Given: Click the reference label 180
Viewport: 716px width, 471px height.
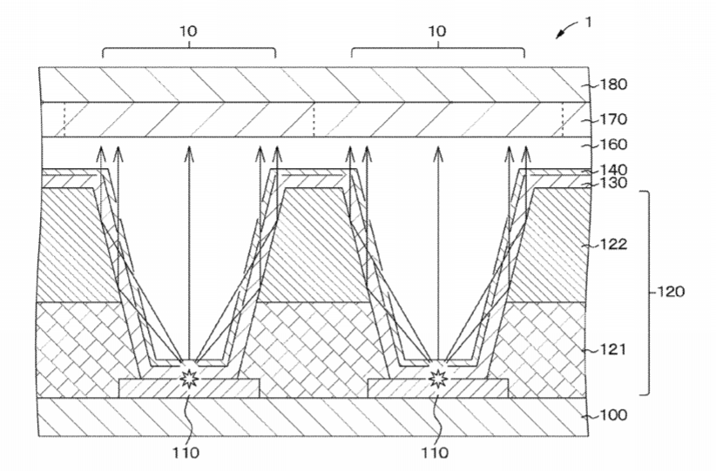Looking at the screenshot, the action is click(613, 85).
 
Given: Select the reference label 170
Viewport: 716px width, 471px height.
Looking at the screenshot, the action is click(613, 119).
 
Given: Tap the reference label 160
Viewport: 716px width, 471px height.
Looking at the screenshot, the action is click(613, 145).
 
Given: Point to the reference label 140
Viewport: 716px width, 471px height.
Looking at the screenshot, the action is click(613, 171).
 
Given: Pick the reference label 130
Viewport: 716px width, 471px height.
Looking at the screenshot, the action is click(613, 183).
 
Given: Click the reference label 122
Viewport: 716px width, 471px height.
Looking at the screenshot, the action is click(613, 245).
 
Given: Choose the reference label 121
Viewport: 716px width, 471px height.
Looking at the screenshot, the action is click(613, 350).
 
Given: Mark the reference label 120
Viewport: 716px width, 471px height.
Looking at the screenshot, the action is click(671, 292).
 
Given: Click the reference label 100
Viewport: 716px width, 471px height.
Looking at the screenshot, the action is click(613, 415).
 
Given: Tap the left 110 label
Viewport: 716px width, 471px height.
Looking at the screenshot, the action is click(186, 453).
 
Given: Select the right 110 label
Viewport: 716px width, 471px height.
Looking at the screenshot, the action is click(435, 453).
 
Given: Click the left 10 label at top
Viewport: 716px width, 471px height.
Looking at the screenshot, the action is click(188, 31).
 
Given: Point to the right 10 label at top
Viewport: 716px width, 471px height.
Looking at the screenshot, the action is click(437, 31).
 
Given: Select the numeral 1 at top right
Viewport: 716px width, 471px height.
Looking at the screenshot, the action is click(589, 22).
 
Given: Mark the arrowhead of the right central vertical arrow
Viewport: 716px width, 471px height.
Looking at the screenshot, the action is click(438, 153).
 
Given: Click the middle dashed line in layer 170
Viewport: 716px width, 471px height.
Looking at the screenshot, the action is click(314, 119).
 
